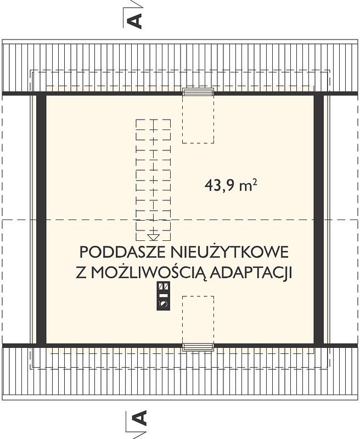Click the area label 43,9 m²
tap(231, 185)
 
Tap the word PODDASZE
tap(123, 252)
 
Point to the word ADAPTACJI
tap(251, 273)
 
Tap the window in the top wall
tap(198, 92)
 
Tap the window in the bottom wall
tap(198, 347)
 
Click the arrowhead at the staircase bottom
tap(154, 237)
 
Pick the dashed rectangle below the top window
tap(198, 120)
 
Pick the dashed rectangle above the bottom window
tap(198, 320)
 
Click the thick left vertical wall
tap(41, 219)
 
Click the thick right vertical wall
tap(319, 219)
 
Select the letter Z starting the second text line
tap(81, 273)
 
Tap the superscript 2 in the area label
tap(255, 182)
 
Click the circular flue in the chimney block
tap(163, 304)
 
